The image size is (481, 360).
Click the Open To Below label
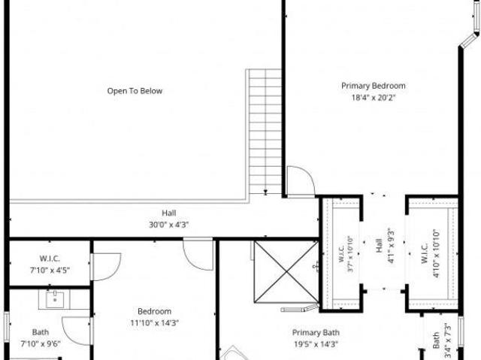pyautogui.click(x=135, y=91)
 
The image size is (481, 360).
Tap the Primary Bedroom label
pyautogui.click(x=374, y=86)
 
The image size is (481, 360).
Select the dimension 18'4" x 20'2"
pyautogui.click(x=374, y=98)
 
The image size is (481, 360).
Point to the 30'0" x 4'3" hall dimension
pyautogui.click(x=168, y=225)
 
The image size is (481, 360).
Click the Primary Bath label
pyautogui.click(x=316, y=333)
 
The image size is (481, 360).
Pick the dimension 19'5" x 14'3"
pyautogui.click(x=316, y=344)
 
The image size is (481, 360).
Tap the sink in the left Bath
pyautogui.click(x=55, y=300)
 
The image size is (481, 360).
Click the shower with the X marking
pyautogui.click(x=286, y=271)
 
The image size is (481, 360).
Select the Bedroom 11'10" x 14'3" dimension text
pyautogui.click(x=155, y=323)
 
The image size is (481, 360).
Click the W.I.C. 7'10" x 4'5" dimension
pyautogui.click(x=50, y=271)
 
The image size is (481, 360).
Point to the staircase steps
pyautogui.click(x=265, y=132)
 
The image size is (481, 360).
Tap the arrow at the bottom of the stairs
pyautogui.click(x=265, y=192)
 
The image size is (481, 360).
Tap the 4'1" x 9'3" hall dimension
pyautogui.click(x=391, y=246)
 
